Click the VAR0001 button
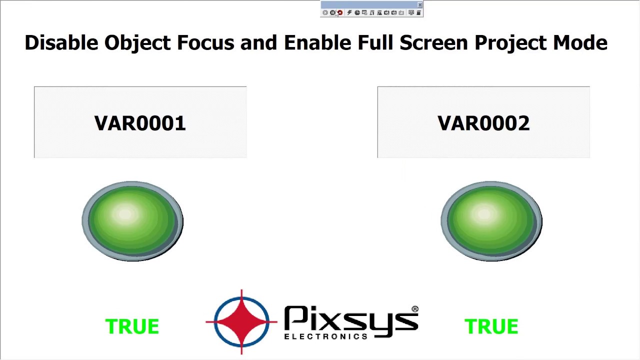click(140, 122)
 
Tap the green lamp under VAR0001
click(132, 221)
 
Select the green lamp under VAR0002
click(491, 221)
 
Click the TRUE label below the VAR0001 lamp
click(132, 326)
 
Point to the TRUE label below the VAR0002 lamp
click(491, 326)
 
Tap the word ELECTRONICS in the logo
click(326, 336)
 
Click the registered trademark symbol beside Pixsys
click(415, 309)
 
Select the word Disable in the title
click(61, 42)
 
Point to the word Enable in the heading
click(317, 42)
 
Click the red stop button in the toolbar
click(340, 12)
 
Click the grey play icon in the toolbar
click(325, 12)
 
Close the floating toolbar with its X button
click(419, 5)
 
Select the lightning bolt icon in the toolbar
click(349, 12)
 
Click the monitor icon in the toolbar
click(411, 12)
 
